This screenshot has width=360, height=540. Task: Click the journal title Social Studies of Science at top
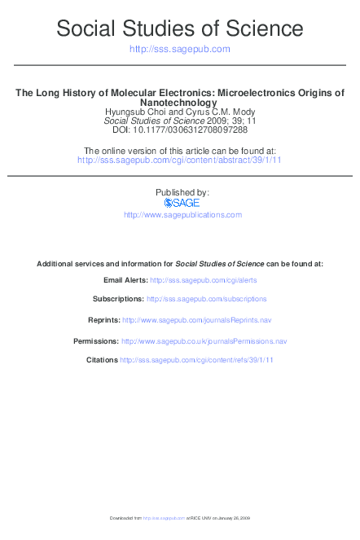tap(180, 30)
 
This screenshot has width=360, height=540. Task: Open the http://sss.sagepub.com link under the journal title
tap(180, 50)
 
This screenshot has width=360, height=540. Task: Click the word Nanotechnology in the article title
tap(180, 103)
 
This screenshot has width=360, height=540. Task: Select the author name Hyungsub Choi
tap(134, 112)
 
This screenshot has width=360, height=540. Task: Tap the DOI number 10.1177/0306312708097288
tap(197, 130)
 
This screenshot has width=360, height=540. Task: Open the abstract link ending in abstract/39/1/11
tap(180, 160)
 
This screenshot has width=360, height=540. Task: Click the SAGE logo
tap(182, 203)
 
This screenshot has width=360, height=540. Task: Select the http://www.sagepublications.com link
tap(182, 214)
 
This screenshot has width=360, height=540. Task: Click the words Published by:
tap(182, 192)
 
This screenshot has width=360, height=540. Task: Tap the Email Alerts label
tap(125, 279)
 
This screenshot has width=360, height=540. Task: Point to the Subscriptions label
tap(118, 299)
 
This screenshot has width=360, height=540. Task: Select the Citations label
tap(102, 360)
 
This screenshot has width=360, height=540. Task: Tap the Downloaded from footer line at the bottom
tap(180, 518)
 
